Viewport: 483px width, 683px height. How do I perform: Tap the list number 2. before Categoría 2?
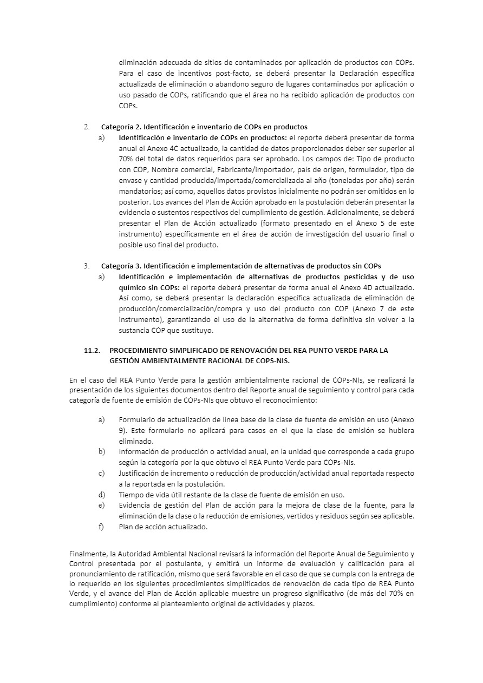click(87, 127)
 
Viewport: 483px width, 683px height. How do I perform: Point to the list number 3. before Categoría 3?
click(87, 266)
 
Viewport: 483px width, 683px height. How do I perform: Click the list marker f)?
click(101, 527)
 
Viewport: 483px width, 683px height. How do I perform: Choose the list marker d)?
click(101, 494)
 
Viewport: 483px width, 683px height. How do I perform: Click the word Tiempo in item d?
click(130, 495)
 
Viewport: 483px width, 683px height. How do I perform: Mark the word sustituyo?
click(197, 330)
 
